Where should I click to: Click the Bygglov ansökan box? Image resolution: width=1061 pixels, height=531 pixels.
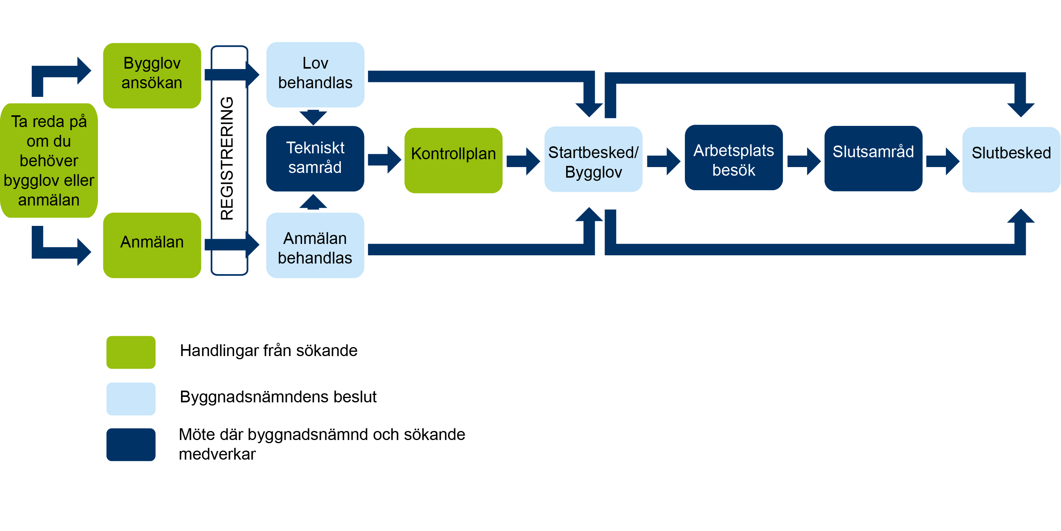(152, 75)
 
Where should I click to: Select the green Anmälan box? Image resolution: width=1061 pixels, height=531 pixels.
(152, 245)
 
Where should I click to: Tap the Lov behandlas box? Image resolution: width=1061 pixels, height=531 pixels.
(315, 75)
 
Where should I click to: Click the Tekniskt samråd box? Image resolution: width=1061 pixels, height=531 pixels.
(315, 158)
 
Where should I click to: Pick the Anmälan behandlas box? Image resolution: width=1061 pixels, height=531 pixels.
(315, 245)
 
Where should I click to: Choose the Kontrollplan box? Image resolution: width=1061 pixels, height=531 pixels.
(453, 160)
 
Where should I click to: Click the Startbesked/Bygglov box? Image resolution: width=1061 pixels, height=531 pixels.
(593, 159)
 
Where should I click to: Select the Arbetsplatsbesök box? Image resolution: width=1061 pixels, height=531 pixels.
(733, 158)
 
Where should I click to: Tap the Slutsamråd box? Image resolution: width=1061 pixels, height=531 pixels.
(873, 158)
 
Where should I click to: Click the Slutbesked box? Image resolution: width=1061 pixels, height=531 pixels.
(1011, 159)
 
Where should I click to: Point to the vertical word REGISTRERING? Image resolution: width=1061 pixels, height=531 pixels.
(227, 158)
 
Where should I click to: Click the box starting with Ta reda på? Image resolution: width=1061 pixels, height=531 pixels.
(49, 160)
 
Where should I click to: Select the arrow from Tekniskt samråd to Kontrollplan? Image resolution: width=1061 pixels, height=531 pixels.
(384, 159)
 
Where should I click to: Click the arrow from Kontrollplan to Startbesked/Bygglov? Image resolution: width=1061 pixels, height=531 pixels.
(523, 161)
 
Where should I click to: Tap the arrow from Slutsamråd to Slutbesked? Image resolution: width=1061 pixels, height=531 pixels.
(942, 161)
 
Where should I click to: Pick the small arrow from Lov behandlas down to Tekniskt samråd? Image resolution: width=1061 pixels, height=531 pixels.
(313, 117)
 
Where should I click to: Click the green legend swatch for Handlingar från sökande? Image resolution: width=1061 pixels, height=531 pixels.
(130, 352)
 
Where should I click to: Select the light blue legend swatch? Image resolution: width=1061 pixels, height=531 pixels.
(130, 399)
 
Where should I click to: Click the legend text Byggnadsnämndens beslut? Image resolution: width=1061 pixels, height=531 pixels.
(278, 396)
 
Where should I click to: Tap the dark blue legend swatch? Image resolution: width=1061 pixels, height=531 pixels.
(130, 444)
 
